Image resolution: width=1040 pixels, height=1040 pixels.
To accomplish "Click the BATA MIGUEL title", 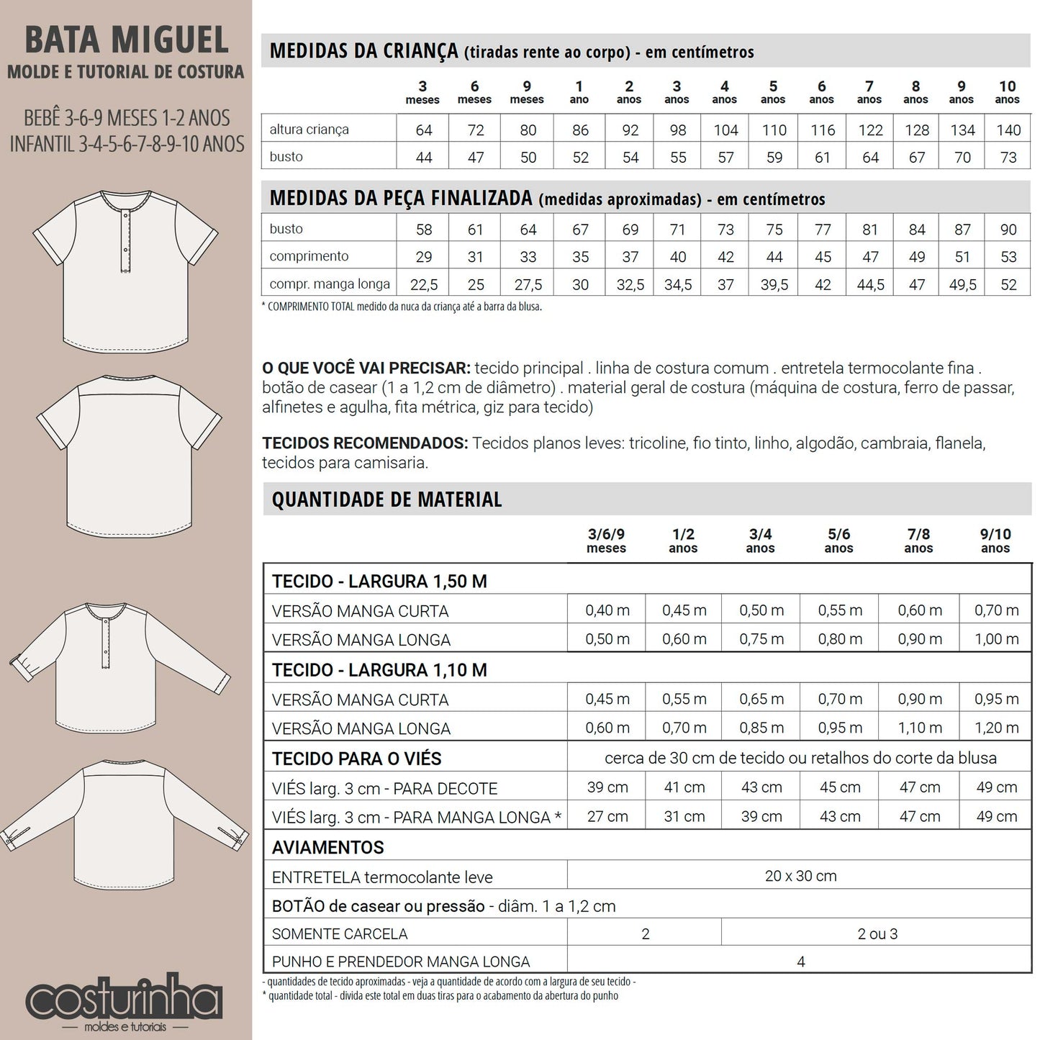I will [x=127, y=40].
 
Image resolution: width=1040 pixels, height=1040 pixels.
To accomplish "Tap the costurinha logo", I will [x=124, y=1000].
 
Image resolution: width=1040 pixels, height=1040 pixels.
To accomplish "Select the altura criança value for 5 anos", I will [x=774, y=130].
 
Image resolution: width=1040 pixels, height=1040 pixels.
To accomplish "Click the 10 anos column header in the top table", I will [x=1007, y=92].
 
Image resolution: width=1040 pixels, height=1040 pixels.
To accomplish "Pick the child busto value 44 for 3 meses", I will [x=424, y=158].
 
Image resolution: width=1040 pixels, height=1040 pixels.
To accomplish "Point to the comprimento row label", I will [x=309, y=256].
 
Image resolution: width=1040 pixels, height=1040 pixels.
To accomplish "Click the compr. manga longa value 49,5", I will [x=962, y=285].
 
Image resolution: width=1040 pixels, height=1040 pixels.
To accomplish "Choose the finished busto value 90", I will [x=1008, y=230].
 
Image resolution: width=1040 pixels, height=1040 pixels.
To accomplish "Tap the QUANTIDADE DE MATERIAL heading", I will [x=386, y=499].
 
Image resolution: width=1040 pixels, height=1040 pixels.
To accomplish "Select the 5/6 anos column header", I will [x=838, y=541].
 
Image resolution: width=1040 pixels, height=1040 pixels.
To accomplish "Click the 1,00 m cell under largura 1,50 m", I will [x=996, y=639].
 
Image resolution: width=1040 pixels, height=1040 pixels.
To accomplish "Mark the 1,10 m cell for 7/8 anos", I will [x=919, y=728].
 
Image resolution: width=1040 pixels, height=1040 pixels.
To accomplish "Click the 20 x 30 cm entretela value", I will [x=800, y=877].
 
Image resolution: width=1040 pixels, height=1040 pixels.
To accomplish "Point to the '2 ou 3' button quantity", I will [x=877, y=934].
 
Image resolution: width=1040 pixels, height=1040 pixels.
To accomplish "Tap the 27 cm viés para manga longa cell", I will [x=607, y=817].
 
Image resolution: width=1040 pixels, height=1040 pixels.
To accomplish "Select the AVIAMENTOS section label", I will [x=328, y=848].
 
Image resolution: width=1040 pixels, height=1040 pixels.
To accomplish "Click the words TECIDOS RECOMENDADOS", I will [x=365, y=443].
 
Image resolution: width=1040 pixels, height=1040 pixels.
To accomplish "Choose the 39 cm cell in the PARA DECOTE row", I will [x=607, y=787].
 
